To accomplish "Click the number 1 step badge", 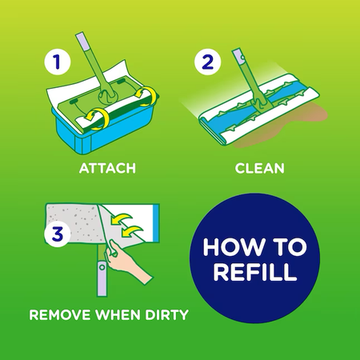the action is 57,62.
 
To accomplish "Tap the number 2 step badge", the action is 208,62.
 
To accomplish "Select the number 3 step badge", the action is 58,233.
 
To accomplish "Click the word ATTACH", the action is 107,168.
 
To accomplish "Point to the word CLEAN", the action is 260,168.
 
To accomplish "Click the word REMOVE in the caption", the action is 60,315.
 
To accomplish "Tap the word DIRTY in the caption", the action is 166,315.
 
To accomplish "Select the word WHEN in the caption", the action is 118,315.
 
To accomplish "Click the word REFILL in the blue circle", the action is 255,272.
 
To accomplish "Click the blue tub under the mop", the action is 106,128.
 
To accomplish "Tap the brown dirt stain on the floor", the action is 282,126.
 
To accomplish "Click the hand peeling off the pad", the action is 126,262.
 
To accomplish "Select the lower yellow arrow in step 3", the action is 132,230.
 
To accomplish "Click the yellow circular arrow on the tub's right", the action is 146,94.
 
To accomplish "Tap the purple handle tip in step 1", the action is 83,42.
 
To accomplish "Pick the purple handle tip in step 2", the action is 238,57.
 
